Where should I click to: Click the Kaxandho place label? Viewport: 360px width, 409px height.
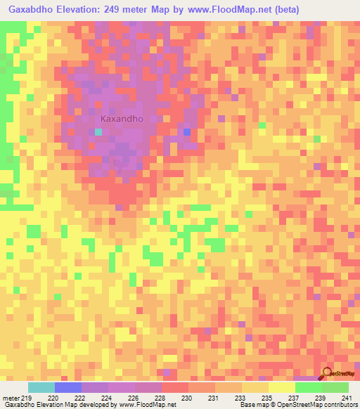click(x=122, y=119)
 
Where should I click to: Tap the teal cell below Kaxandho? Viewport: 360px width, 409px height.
click(x=98, y=132)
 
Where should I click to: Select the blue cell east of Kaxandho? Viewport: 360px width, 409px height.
click(x=186, y=132)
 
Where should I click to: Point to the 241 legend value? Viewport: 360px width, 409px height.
click(x=346, y=397)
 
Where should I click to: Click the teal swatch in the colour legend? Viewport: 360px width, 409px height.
click(x=41, y=387)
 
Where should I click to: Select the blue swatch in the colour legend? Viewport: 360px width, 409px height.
click(x=68, y=387)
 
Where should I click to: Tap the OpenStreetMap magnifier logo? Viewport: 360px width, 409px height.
click(x=328, y=374)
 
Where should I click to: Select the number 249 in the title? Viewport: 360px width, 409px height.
click(x=118, y=10)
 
